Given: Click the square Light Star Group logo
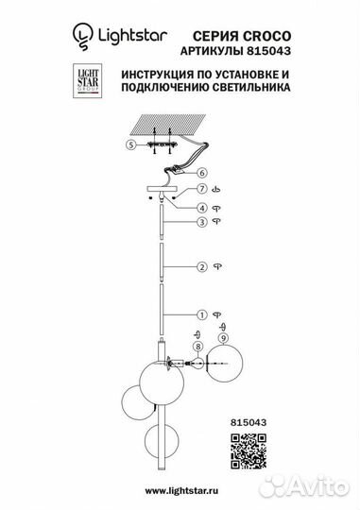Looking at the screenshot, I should [86, 80].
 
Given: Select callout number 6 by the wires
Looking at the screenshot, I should [200, 174].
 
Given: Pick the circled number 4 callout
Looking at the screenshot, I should [200, 207].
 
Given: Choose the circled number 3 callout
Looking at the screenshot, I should [200, 222].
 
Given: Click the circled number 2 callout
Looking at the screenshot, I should [200, 266].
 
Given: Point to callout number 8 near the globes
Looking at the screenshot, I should [197, 348].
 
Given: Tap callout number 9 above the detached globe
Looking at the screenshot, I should [222, 338].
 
